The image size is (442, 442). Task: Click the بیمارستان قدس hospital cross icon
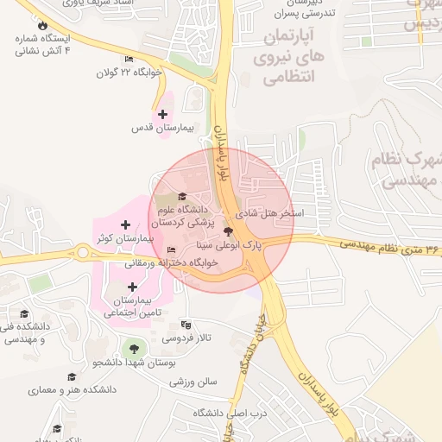point(162,114)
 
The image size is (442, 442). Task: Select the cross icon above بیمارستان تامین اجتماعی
point(132,287)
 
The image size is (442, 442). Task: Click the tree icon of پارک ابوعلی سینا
point(229,231)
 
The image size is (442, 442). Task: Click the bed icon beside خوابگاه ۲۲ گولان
point(129,60)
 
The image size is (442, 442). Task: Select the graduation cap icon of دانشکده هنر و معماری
point(71,376)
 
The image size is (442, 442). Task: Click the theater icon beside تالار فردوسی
point(186,325)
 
